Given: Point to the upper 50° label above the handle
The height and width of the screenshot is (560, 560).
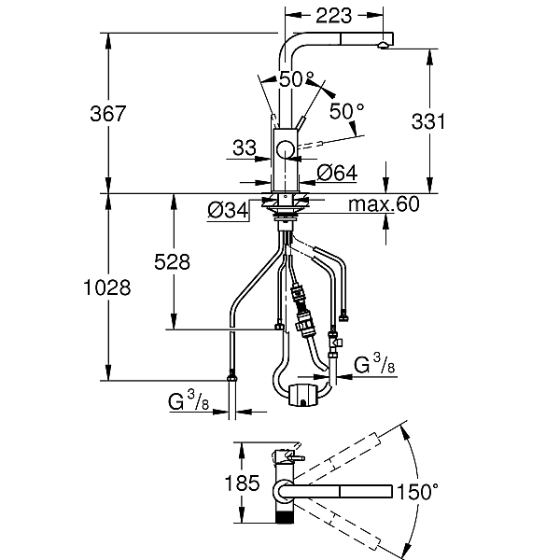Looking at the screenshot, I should click(x=297, y=79).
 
